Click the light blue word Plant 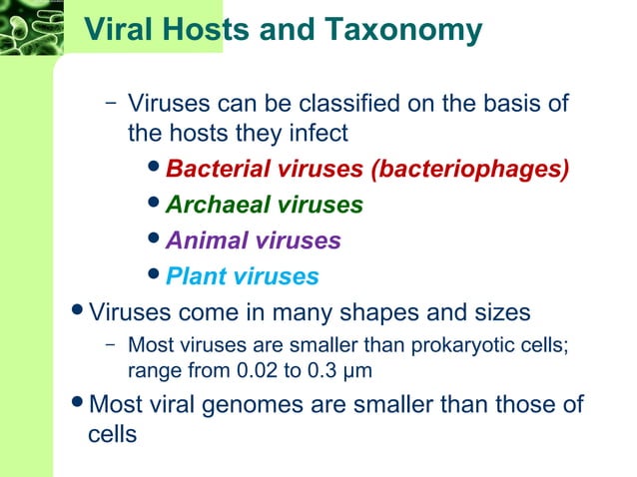[192, 276]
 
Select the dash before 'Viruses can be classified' [109, 103]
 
